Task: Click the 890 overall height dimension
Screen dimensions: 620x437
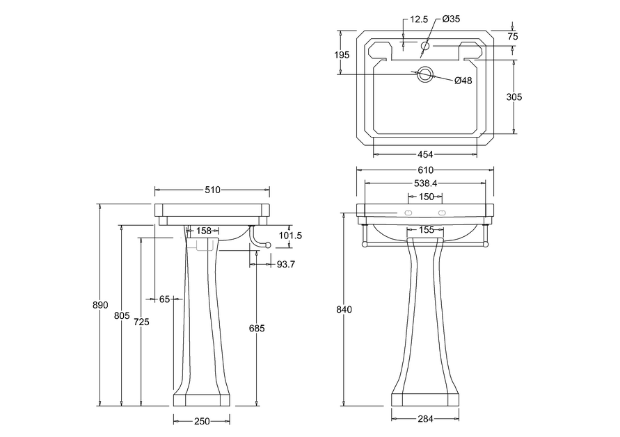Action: pos(100,305)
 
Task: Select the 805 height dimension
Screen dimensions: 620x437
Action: pos(122,315)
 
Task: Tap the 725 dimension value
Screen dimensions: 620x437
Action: pos(141,322)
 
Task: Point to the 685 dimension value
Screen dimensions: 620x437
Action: pos(257,328)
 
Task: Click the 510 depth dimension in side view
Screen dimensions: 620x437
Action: pos(212,190)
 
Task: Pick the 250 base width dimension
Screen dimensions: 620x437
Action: pos(202,422)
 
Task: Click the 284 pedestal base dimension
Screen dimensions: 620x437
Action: pos(425,419)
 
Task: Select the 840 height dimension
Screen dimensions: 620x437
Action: pos(344,309)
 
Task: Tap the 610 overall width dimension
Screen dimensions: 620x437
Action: pos(425,170)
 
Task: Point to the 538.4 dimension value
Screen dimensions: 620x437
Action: pos(425,183)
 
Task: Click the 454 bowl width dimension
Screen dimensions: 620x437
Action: pos(425,154)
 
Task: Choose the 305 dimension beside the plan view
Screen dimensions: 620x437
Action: pos(514,97)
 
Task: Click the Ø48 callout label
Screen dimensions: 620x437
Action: pos(463,81)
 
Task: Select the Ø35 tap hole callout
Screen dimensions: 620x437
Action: pos(451,19)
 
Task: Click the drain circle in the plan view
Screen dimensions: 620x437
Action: pos(425,74)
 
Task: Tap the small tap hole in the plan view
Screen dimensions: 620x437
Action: pos(425,46)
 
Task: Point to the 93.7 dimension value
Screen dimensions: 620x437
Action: pos(286,265)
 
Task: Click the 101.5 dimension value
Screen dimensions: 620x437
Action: pos(290,236)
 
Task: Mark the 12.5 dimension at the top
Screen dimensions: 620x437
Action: pos(419,19)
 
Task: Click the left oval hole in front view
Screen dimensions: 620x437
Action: pos(409,213)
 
